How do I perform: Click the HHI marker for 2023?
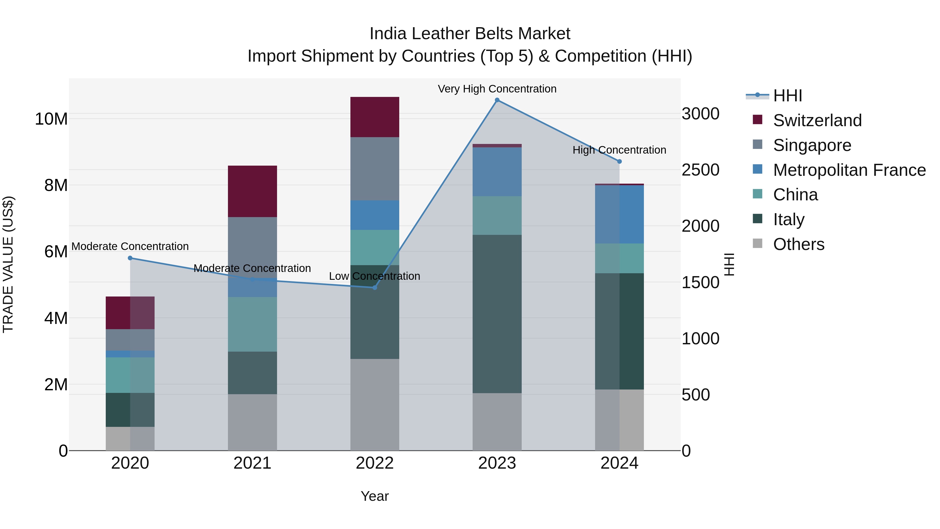497,100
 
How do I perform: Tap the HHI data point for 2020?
130,258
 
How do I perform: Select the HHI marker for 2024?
619,161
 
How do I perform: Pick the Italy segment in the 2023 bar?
497,314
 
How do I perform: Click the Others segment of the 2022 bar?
375,404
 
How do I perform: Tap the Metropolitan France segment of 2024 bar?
619,214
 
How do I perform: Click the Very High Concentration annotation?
497,89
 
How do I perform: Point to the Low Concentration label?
374,276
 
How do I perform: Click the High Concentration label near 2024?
619,150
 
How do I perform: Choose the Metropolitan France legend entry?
849,170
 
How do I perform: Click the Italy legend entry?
789,219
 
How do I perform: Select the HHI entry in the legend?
788,96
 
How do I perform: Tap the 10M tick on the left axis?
51,119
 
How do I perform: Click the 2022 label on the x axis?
375,463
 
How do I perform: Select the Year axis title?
375,496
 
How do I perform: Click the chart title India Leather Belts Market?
470,34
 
